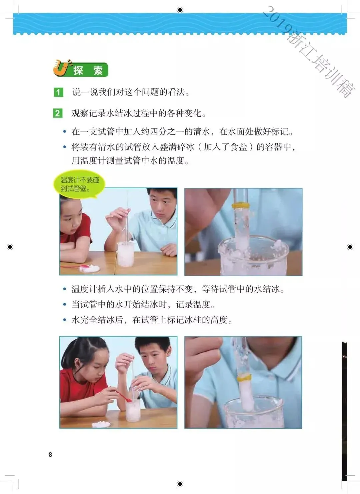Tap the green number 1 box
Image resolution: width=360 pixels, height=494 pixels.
click(59, 92)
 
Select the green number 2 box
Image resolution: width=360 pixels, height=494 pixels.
click(58, 113)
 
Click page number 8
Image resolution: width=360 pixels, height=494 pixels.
click(50, 455)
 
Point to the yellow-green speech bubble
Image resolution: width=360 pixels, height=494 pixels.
click(79, 184)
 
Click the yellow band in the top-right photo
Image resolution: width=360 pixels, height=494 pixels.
click(241, 206)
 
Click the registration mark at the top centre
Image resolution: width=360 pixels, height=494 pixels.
click(180, 10)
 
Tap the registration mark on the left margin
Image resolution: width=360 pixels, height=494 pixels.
click(10, 247)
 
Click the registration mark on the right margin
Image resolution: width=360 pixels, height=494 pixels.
click(350, 247)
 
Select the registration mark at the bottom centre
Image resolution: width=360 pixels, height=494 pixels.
click(180, 484)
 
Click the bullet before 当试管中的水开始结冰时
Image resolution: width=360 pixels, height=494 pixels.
click(65, 305)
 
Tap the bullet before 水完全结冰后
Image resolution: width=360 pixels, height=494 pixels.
click(65, 320)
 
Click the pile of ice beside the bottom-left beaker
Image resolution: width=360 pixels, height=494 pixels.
click(101, 424)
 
